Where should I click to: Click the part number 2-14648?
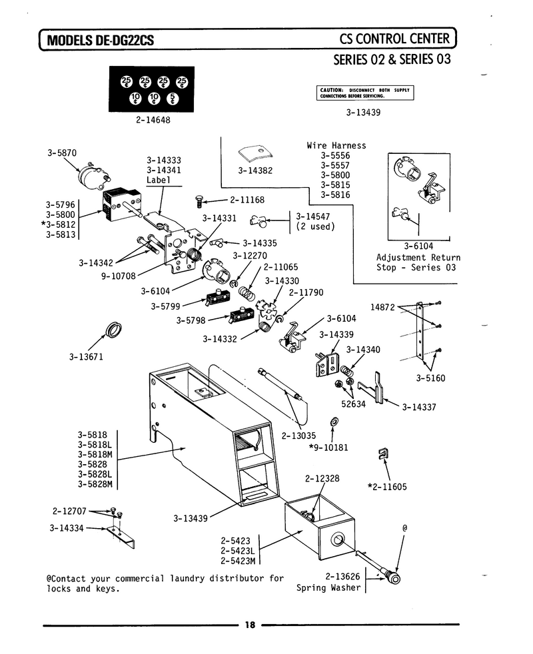[153, 120]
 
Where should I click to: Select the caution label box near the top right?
[365, 93]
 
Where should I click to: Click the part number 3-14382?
[255, 170]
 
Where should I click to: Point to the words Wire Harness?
[336, 146]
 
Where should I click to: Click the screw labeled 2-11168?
[199, 202]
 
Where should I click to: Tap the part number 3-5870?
[62, 153]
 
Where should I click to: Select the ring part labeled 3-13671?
[113, 330]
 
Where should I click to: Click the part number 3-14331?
[219, 218]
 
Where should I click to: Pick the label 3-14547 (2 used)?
[315, 222]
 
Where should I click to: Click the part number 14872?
[382, 308]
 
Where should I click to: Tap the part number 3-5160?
[430, 378]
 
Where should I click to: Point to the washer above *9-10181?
[334, 422]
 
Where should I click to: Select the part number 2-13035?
[298, 436]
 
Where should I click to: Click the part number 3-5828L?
[95, 474]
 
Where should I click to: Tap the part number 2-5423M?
[238, 561]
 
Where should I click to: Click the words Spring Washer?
[328, 587]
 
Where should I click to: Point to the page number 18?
[250, 625]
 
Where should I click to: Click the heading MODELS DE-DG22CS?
[100, 40]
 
